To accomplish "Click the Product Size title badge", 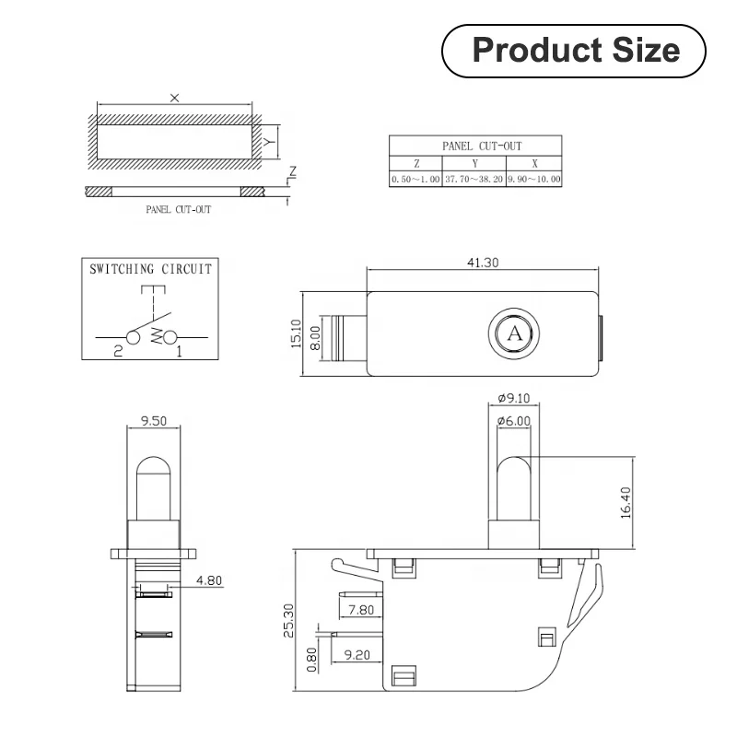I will [x=575, y=51].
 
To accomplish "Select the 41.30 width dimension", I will [x=483, y=263].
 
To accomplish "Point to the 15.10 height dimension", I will [x=297, y=333].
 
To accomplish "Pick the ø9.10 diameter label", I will [x=514, y=398].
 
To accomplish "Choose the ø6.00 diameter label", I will [x=514, y=421].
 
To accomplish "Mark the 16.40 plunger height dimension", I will [x=626, y=501].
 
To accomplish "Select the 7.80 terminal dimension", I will [x=361, y=609].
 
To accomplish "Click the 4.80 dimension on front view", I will [x=209, y=580].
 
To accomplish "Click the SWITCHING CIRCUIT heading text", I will [x=150, y=270].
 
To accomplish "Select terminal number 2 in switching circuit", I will [x=118, y=351].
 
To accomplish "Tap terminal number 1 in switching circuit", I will [x=179, y=351].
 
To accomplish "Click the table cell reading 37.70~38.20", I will [x=474, y=180].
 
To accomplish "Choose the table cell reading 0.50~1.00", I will [x=415, y=180].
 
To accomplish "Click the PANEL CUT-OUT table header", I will [x=474, y=146].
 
